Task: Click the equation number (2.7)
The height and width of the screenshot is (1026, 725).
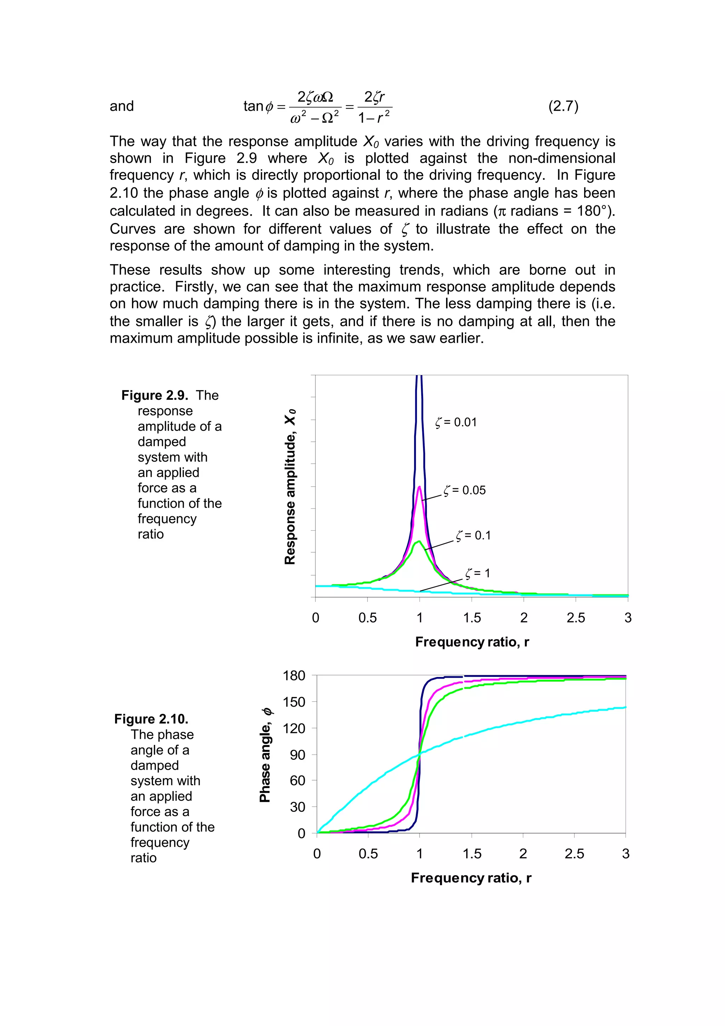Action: click(x=563, y=106)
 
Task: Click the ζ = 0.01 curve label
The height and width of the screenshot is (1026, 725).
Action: click(x=456, y=422)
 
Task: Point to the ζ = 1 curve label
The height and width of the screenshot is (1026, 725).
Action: click(x=478, y=573)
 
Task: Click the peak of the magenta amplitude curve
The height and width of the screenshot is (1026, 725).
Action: click(x=419, y=487)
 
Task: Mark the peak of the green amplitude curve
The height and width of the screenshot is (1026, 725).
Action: click(x=418, y=542)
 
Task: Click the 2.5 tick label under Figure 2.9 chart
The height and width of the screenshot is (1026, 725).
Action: click(x=576, y=618)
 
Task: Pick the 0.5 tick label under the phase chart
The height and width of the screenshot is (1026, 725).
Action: click(x=368, y=854)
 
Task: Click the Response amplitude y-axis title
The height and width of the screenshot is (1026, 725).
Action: click(x=290, y=487)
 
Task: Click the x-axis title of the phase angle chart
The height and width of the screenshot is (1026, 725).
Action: click(x=471, y=878)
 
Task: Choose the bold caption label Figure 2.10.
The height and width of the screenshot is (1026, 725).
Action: click(x=152, y=719)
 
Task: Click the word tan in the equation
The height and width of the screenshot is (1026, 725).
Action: click(x=253, y=106)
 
